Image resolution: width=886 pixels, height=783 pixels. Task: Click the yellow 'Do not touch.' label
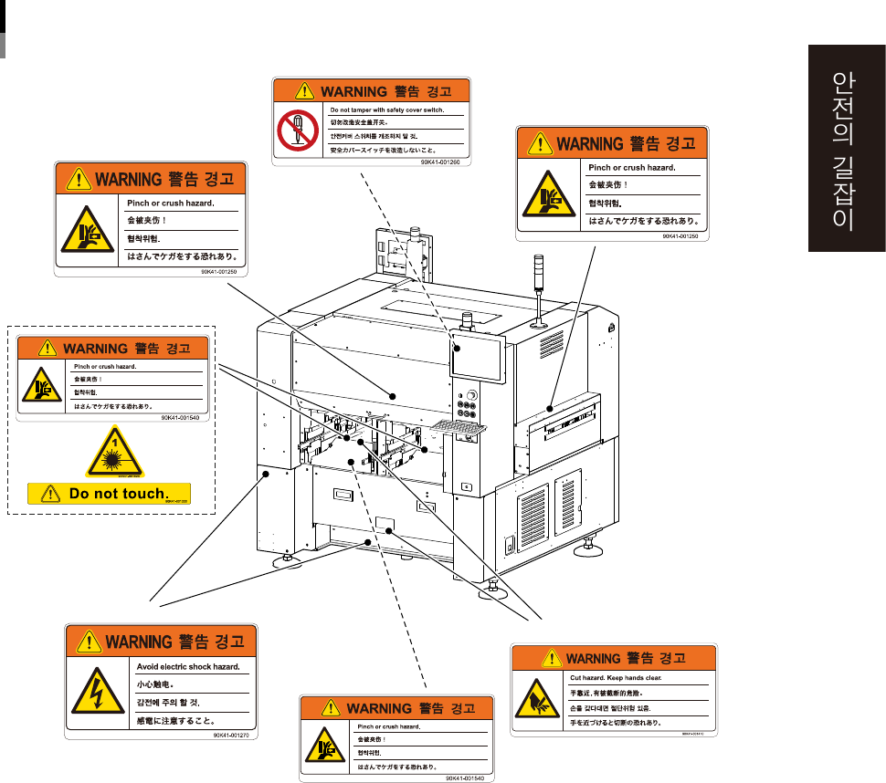coord(110,494)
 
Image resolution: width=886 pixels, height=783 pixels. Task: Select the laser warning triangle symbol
coord(114,452)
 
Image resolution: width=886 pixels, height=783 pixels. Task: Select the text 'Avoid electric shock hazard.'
coord(187,667)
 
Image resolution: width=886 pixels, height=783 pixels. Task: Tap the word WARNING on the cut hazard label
coord(593,658)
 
